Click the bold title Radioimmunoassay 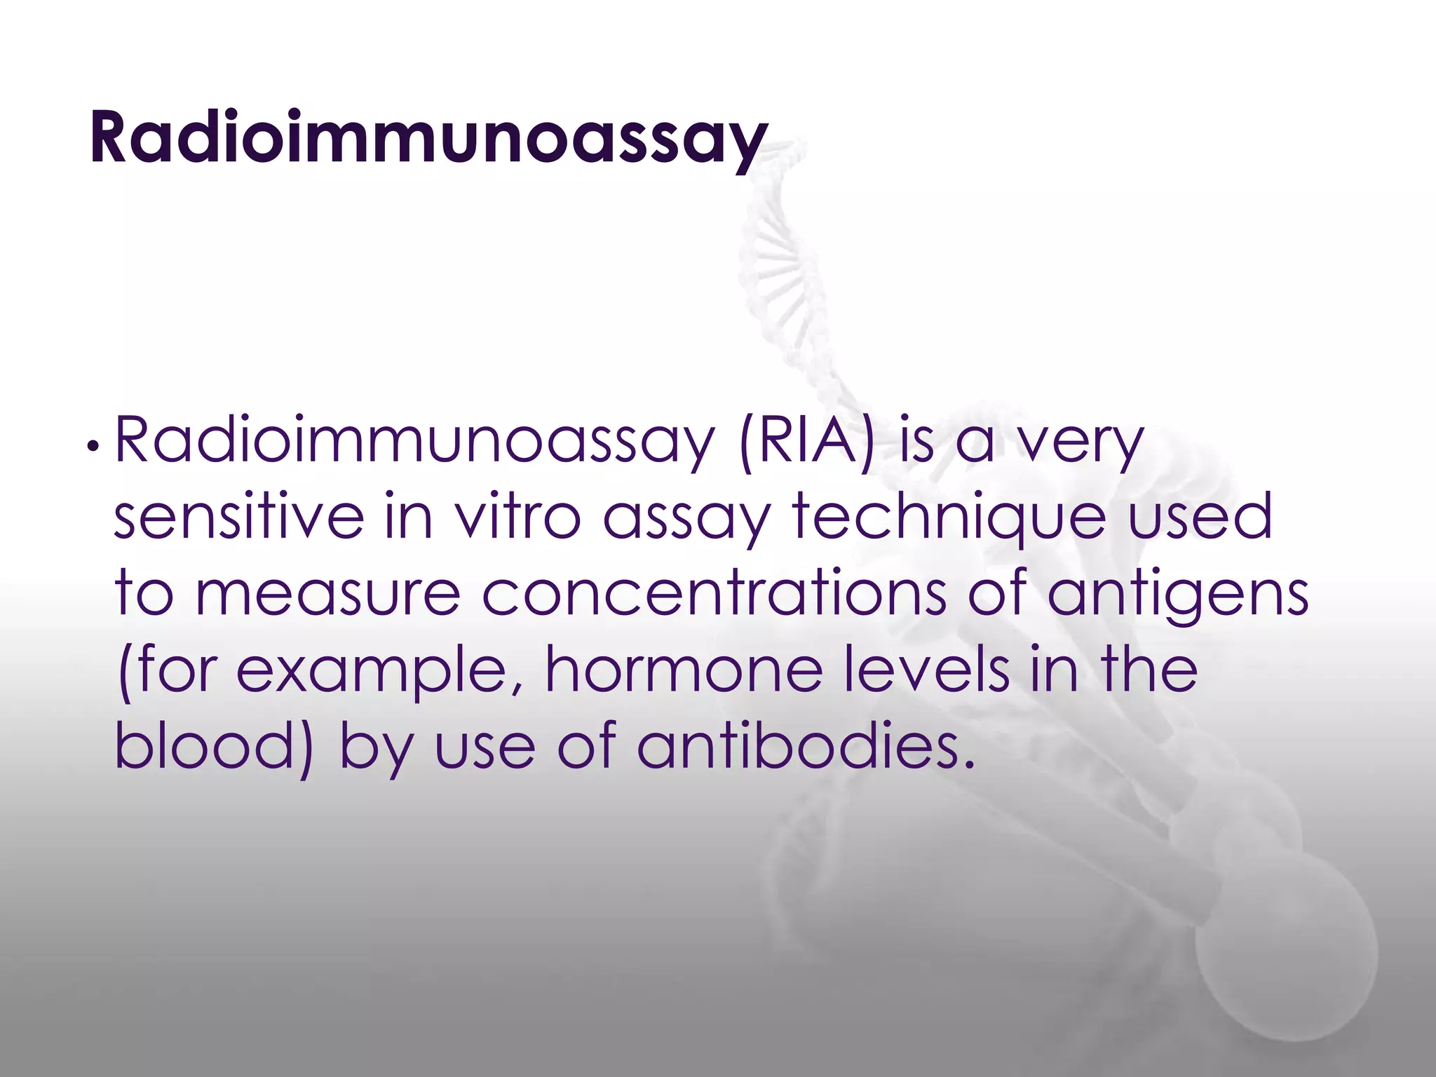point(428,137)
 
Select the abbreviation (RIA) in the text point(807,442)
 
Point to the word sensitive point(239,517)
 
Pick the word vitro point(517,517)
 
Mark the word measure point(327,593)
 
